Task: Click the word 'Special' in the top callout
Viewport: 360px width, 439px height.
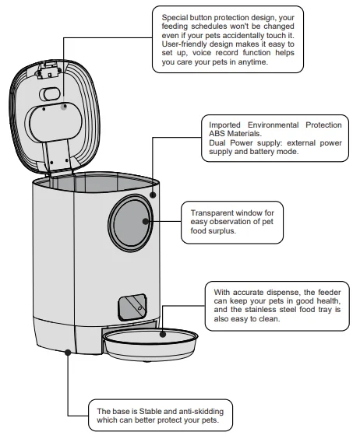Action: [176, 16]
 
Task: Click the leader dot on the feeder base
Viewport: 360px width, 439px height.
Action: [68, 352]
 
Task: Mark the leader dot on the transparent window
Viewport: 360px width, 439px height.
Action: [146, 222]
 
